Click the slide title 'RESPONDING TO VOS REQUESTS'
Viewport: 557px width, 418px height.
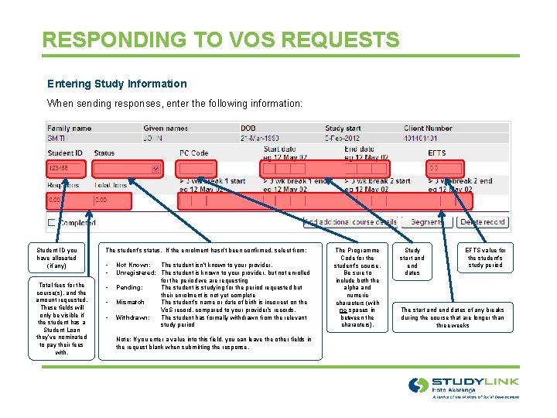point(221,39)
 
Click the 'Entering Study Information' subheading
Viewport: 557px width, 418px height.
point(117,84)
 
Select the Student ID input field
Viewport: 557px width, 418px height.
point(67,168)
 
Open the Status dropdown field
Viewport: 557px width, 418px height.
point(128,168)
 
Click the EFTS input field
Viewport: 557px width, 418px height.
point(445,168)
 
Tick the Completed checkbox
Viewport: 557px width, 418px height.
point(52,222)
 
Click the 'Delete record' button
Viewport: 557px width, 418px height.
point(483,222)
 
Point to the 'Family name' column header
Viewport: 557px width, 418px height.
point(70,128)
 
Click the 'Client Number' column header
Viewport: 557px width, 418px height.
point(429,128)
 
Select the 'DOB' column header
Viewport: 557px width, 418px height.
point(248,128)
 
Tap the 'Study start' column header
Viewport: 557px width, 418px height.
point(343,128)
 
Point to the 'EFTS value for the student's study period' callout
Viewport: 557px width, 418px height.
point(485,258)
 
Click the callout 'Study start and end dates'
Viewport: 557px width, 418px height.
point(412,262)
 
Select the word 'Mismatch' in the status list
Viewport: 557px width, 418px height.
point(131,303)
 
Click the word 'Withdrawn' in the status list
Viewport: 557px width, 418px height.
point(133,317)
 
